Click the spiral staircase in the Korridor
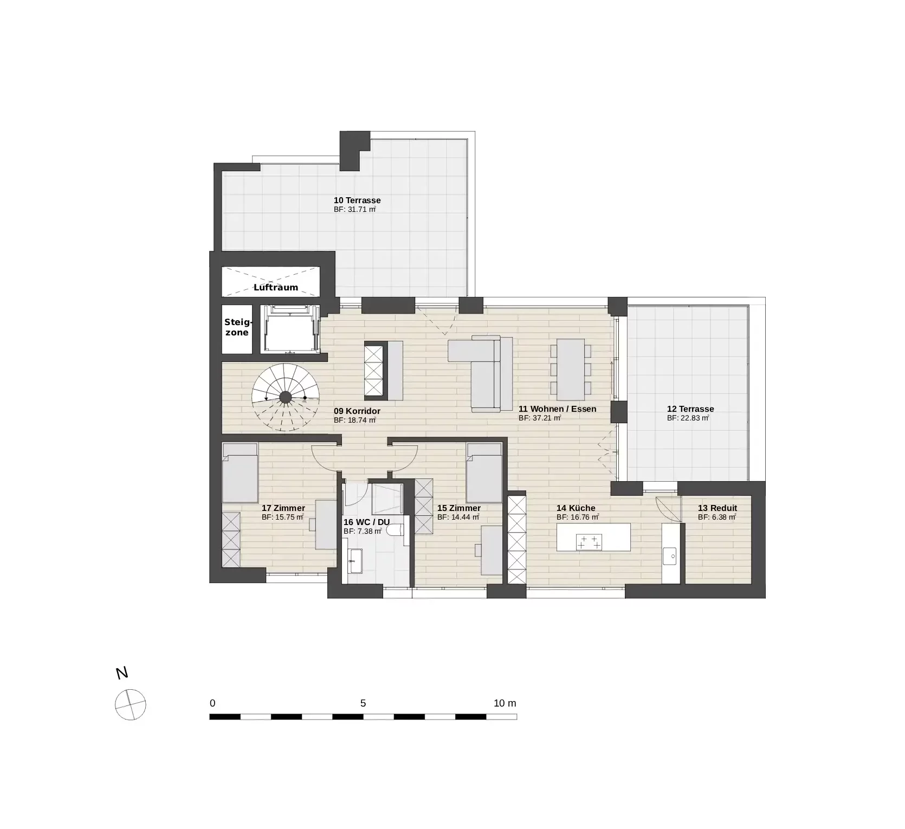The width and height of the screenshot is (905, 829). coord(286,397)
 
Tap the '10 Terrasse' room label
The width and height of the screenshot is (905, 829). coord(357,200)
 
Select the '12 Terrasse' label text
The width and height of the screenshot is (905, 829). coord(690,409)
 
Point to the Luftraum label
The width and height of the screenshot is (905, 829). coord(276,287)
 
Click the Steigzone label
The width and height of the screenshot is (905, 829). coord(237,327)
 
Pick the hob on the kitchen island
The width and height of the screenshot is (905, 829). coord(589,542)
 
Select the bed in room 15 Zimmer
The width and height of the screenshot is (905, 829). coord(484,473)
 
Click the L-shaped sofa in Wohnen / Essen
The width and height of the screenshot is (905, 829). coord(485,374)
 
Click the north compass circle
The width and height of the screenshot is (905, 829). coord(131,705)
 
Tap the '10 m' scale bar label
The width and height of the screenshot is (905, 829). coord(505,703)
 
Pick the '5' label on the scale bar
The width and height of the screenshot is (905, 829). coord(363,703)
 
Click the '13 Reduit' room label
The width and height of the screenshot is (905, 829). coord(717,508)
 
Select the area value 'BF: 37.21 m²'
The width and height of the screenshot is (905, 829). coord(539,418)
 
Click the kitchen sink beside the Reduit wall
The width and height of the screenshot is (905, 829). coord(670,555)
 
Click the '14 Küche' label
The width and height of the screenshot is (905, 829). coord(576,508)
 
